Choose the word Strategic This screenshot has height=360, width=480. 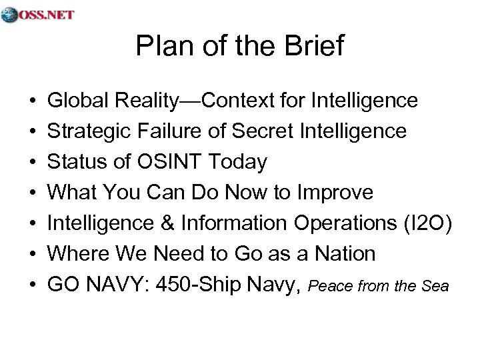pyautogui.click(x=85, y=131)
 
